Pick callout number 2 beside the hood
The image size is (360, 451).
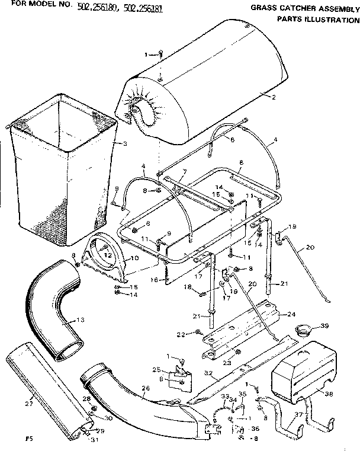274,97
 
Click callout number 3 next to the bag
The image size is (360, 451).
125,144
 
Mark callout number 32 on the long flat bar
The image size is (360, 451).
208,374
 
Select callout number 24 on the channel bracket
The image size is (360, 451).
290,314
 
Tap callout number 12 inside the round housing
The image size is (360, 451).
107,255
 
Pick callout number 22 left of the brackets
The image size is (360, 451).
181,335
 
